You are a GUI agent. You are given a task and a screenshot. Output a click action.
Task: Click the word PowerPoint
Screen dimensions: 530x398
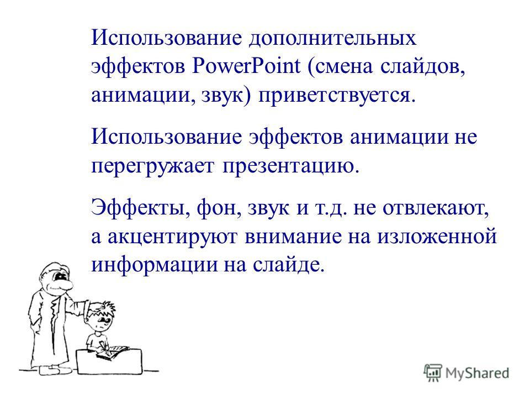pyautogui.click(x=246, y=66)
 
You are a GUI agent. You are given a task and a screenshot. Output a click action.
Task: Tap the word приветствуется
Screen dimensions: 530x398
pyautogui.click(x=337, y=95)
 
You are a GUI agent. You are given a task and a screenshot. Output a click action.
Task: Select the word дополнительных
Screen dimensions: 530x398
pyautogui.click(x=332, y=38)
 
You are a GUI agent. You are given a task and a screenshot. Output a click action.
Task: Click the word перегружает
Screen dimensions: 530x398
pyautogui.click(x=153, y=166)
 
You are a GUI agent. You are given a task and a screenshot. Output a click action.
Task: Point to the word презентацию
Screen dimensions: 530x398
pyautogui.click(x=290, y=166)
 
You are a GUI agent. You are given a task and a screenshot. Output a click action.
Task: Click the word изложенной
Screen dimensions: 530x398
pyautogui.click(x=437, y=236)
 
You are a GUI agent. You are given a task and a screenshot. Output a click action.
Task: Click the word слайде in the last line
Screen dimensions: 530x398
pyautogui.click(x=289, y=264)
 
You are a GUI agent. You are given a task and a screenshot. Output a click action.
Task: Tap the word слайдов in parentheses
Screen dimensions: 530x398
pyautogui.click(x=422, y=66)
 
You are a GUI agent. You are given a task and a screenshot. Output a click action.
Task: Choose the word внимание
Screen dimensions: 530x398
pyautogui.click(x=293, y=236)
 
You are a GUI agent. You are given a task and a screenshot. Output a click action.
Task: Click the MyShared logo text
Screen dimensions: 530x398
pyautogui.click(x=477, y=373)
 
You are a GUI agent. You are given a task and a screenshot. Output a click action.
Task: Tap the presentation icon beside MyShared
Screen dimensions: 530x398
pyautogui.click(x=433, y=373)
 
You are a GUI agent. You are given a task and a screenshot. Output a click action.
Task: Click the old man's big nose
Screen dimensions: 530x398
pyautogui.click(x=64, y=285)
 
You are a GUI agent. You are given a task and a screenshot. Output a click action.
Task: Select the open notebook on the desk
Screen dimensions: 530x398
pyautogui.click(x=113, y=352)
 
